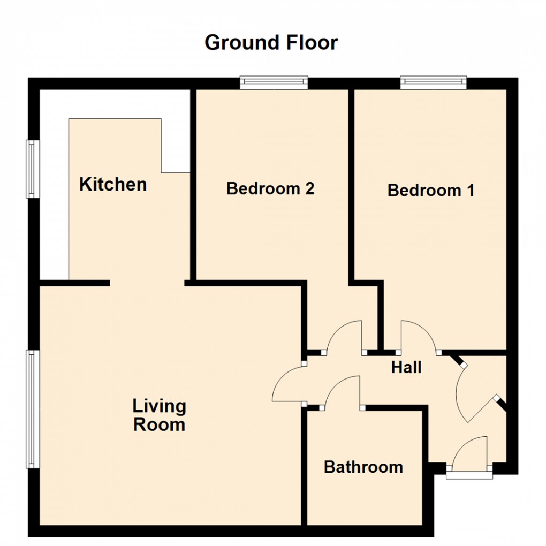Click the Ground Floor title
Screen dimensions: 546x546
coord(271,42)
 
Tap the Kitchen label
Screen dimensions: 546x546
coord(113,185)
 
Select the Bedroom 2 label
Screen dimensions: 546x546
coord(270,188)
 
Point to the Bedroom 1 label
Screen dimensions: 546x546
coord(431,190)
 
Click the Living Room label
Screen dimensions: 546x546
coord(160,415)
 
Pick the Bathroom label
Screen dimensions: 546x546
coord(363,467)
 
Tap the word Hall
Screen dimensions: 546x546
coord(406,368)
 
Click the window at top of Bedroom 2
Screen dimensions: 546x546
coord(274,82)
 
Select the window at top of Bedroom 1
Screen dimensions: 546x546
coord(434,82)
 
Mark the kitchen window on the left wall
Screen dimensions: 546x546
coord(33,169)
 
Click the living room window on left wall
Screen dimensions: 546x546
coord(33,409)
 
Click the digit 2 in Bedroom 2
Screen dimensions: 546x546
coord(309,188)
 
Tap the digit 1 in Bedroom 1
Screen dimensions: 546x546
coord(469,190)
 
